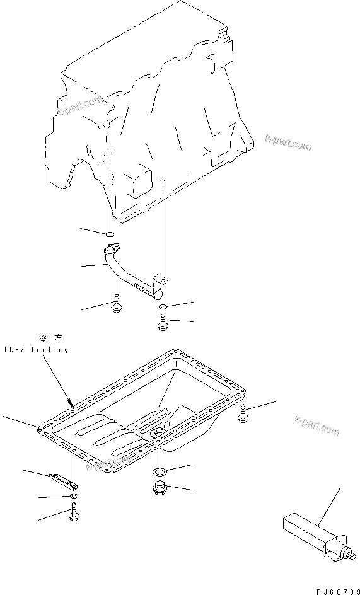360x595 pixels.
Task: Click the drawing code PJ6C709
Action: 334,589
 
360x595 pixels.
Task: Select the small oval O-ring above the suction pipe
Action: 110,234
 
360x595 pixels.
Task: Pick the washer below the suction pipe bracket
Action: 162,307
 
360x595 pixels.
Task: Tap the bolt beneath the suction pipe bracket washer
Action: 161,323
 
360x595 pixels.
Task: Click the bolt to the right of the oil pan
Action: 244,413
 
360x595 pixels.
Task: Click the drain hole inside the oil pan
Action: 158,432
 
